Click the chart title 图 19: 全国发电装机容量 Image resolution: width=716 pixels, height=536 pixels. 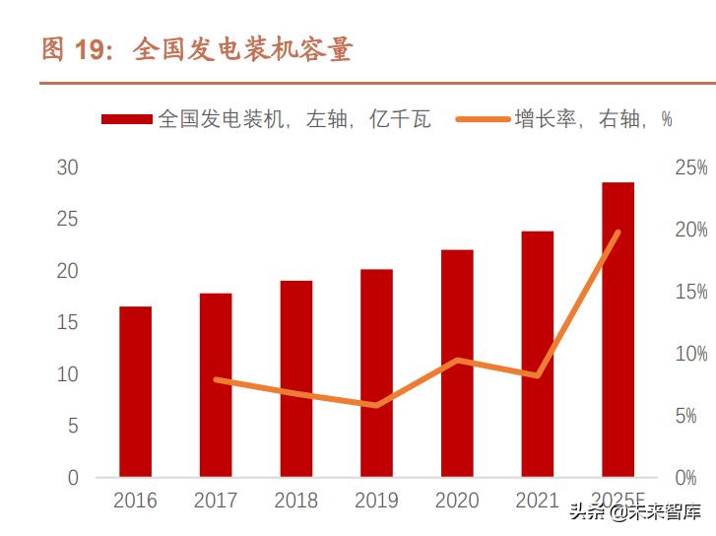point(197,49)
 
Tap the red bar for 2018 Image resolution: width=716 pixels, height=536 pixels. point(295,379)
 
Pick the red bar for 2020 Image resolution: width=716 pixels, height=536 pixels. point(457,364)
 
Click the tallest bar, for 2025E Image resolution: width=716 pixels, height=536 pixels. point(618,330)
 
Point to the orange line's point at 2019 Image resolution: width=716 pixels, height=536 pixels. point(376,405)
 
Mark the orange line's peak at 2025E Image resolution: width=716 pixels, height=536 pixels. point(618,233)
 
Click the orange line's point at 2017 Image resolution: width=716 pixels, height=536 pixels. point(216,379)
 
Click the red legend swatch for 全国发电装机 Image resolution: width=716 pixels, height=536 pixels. point(126,120)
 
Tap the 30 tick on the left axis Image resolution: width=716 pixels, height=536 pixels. point(67,167)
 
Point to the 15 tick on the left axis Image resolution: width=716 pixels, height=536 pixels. point(67,322)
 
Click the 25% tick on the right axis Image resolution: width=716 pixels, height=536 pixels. point(690,168)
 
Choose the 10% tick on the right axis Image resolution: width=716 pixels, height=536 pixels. point(690,354)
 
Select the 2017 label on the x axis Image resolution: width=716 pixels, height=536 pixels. point(216,500)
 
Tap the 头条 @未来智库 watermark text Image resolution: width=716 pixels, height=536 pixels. point(636,512)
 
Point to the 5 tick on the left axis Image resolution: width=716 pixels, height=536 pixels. point(72,426)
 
